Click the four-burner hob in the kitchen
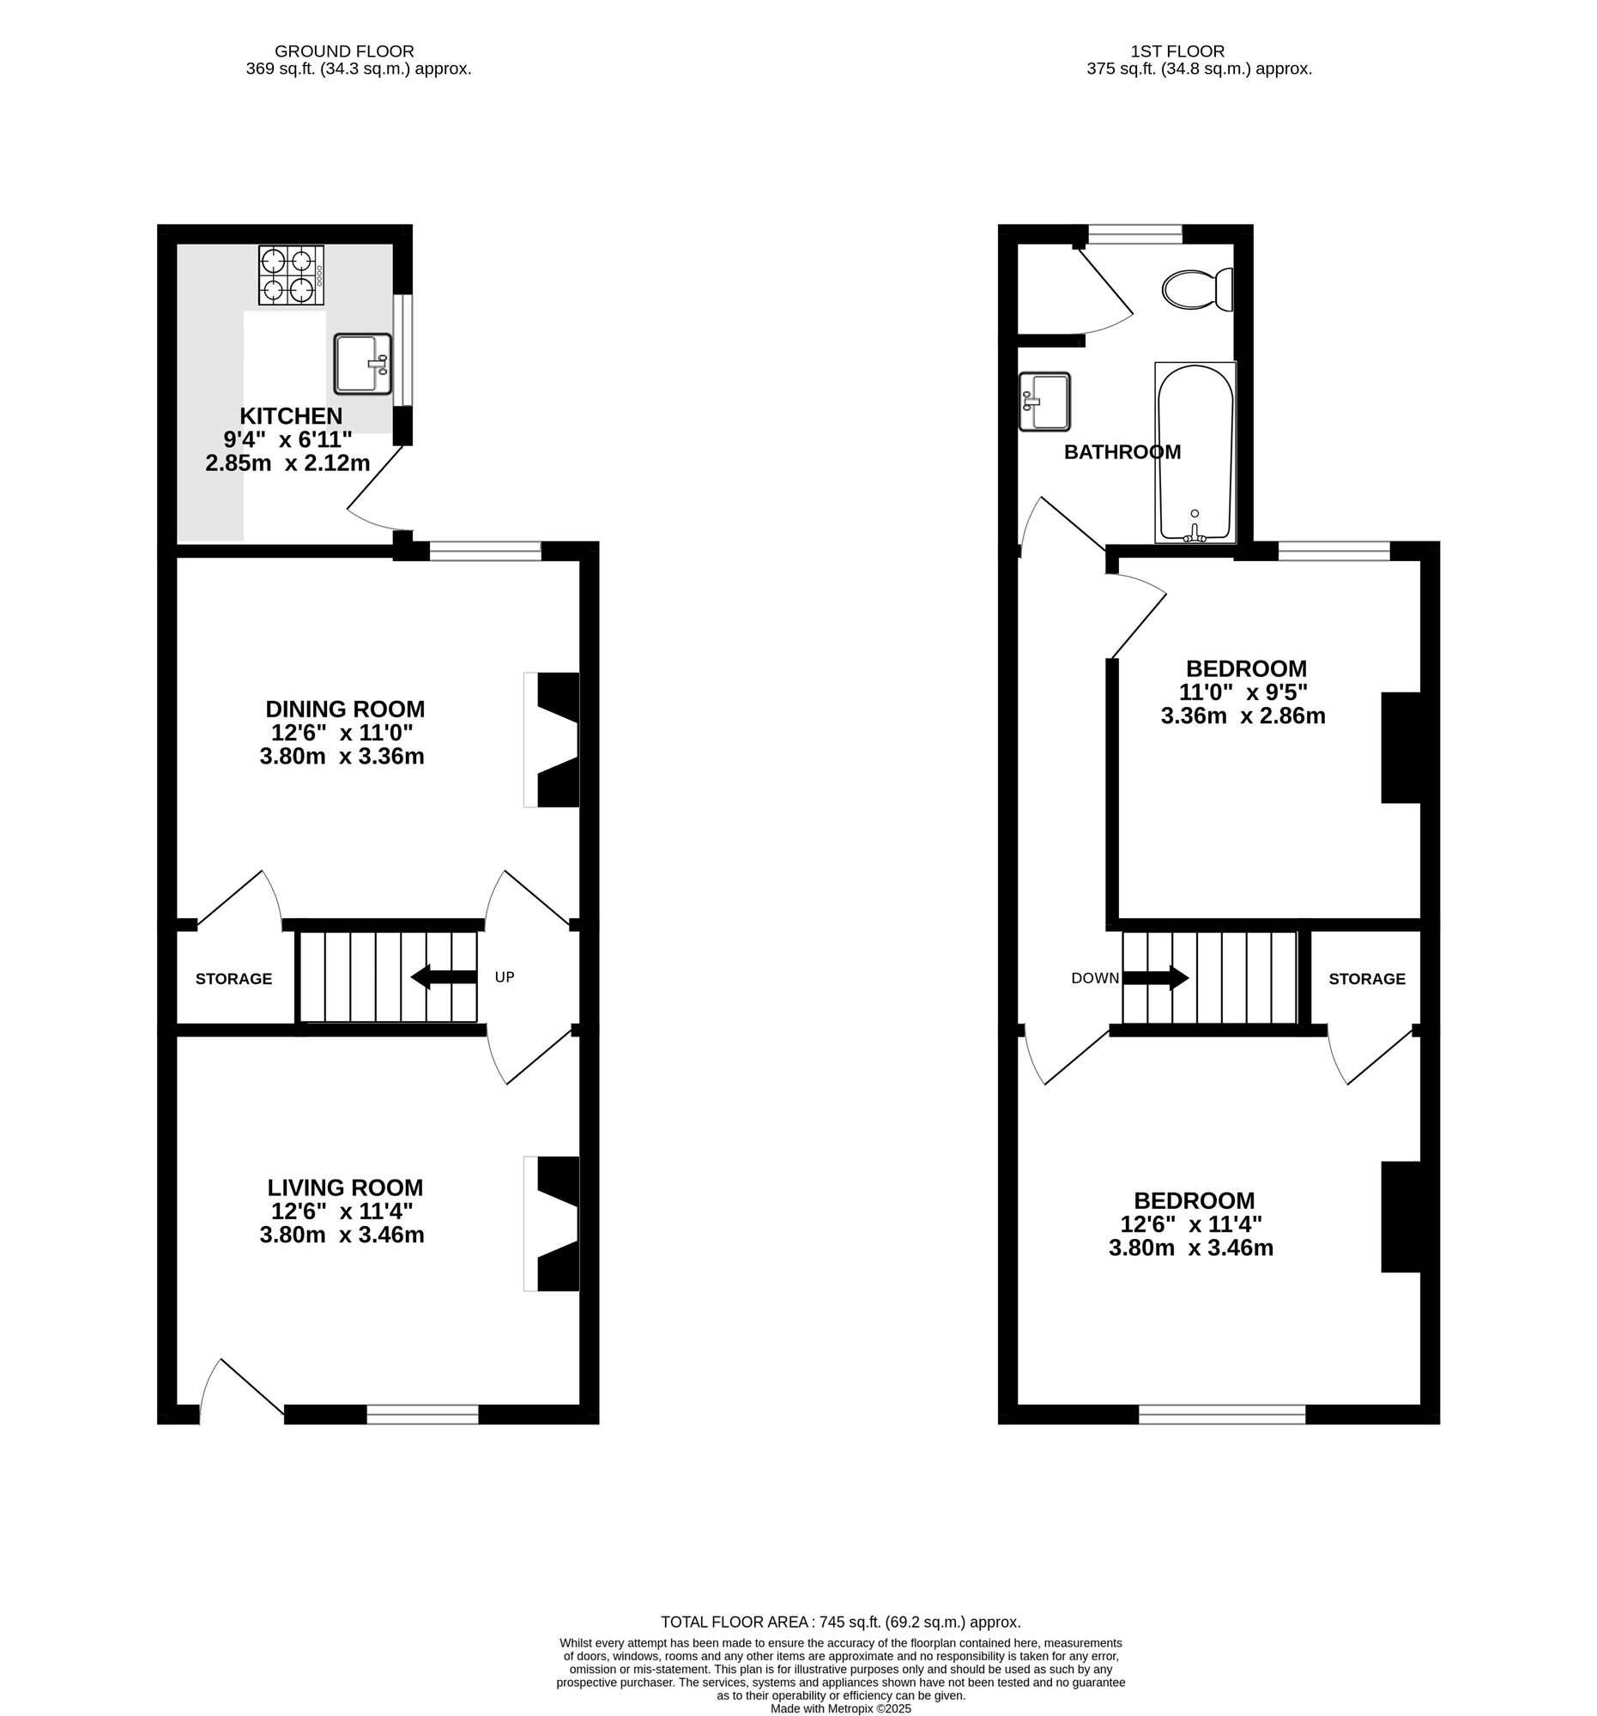pyautogui.click(x=292, y=275)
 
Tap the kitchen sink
pyautogui.click(x=362, y=365)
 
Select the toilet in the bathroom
pyautogui.click(x=1196, y=289)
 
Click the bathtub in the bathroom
pyautogui.click(x=1195, y=452)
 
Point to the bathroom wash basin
pyautogui.click(x=1043, y=402)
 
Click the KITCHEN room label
pyautogui.click(x=291, y=415)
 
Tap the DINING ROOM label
pyautogui.click(x=344, y=709)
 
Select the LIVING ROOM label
pyautogui.click(x=344, y=1187)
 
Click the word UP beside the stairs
pyautogui.click(x=504, y=977)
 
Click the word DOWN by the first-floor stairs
pyautogui.click(x=1094, y=978)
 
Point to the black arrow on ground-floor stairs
pyautogui.click(x=443, y=977)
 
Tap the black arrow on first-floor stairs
pyautogui.click(x=1155, y=978)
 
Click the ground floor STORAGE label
pyautogui.click(x=233, y=979)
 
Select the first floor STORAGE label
pyautogui.click(x=1366, y=979)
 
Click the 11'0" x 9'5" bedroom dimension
pyautogui.click(x=1243, y=692)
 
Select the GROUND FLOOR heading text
pyautogui.click(x=343, y=51)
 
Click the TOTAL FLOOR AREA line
pyautogui.click(x=840, y=1622)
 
